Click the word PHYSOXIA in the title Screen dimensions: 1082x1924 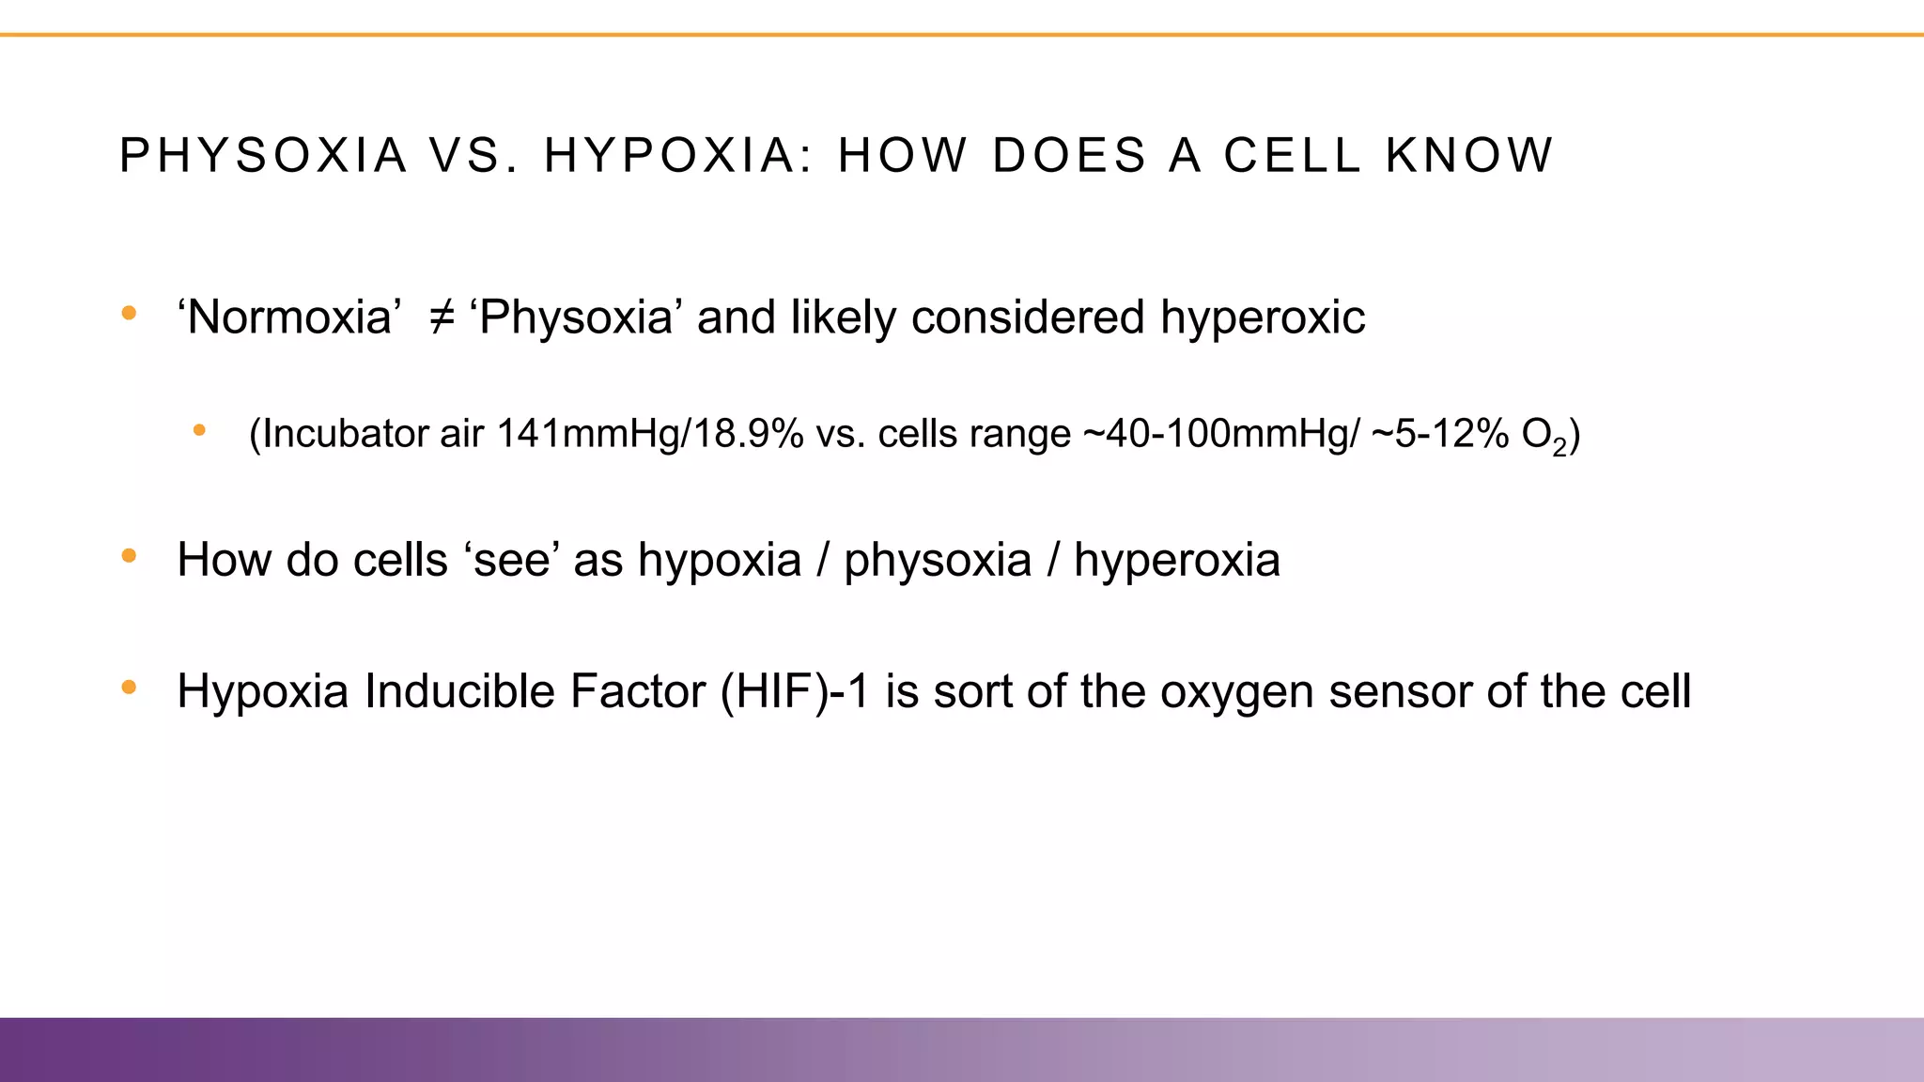263,156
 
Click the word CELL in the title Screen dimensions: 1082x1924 1292,156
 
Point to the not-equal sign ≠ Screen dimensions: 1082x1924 442,317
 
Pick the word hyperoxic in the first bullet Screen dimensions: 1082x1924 1262,317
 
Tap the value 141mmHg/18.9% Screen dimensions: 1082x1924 649,434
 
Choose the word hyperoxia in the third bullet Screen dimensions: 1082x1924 1176,560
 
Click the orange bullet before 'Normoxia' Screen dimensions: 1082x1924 130,313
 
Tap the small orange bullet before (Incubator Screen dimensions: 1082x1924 199,431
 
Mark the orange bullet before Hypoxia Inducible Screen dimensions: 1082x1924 130,688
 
